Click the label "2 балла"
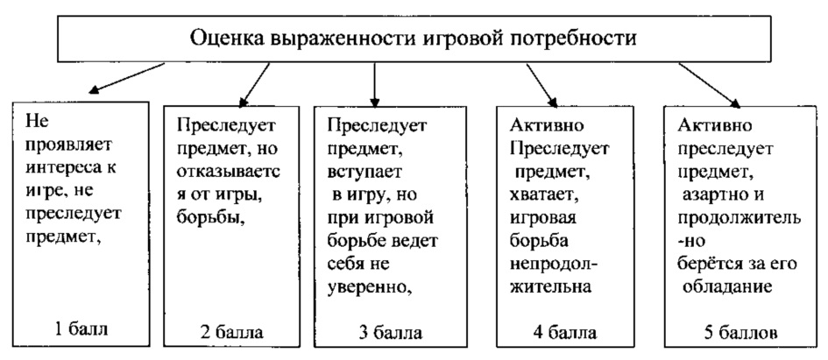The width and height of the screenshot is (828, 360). click(231, 332)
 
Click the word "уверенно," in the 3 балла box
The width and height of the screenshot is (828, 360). click(365, 282)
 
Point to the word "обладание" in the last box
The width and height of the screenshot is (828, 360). click(722, 282)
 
